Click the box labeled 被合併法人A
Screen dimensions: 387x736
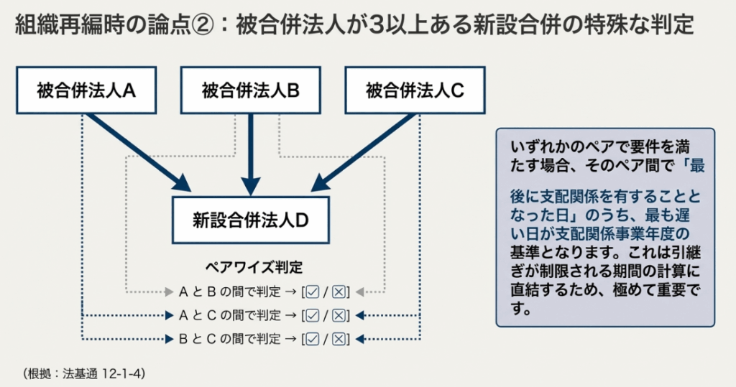pyautogui.click(x=86, y=90)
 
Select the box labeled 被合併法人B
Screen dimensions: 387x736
pyautogui.click(x=251, y=90)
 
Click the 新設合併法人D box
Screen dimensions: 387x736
pyautogui.click(x=251, y=220)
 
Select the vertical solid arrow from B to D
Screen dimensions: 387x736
pyautogui.click(x=251, y=151)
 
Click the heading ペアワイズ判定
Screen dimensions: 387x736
pyautogui.click(x=254, y=267)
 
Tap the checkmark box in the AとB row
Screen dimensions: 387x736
pyautogui.click(x=312, y=292)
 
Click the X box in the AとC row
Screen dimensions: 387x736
pyautogui.click(x=339, y=315)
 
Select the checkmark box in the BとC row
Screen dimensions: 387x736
pyautogui.click(x=312, y=338)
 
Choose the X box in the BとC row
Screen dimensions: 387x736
pyautogui.click(x=339, y=338)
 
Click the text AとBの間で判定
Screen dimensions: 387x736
pyautogui.click(x=229, y=292)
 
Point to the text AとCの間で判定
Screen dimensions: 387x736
pyautogui.click(x=229, y=315)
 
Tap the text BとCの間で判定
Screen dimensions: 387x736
pyautogui.click(x=229, y=338)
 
